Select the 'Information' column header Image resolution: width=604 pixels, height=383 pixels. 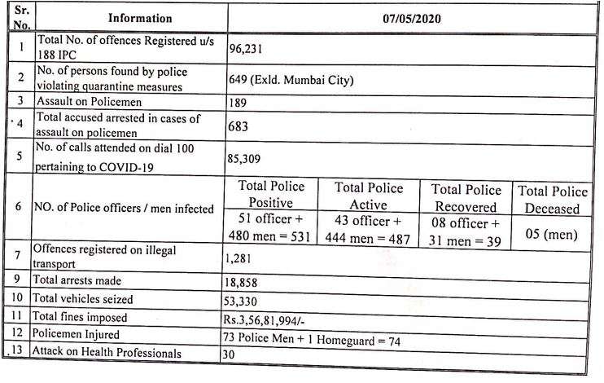139,18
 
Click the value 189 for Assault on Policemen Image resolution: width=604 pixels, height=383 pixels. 243,104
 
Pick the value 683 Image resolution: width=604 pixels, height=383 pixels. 243,127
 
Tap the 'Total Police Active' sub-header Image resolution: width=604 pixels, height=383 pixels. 369,196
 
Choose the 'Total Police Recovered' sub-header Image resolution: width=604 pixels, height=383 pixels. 465,198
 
